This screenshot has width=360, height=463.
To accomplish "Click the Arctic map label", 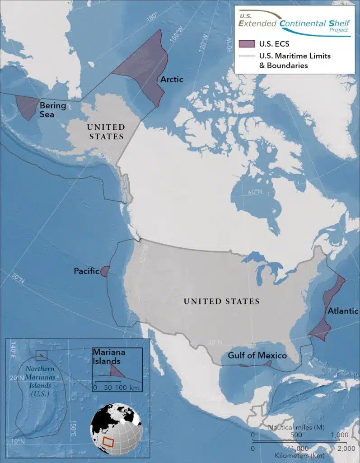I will (172, 80).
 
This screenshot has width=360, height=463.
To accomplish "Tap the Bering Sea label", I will (53, 110).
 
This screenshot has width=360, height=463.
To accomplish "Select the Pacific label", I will (86, 271).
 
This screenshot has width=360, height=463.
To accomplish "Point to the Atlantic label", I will (343, 311).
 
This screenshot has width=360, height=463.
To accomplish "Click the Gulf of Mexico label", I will (257, 355).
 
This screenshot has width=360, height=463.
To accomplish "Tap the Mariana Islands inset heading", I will (107, 356).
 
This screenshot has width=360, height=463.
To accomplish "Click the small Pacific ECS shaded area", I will (104, 271).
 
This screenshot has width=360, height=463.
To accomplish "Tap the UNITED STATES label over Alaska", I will (106, 132).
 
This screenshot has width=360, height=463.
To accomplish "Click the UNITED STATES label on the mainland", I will (221, 301).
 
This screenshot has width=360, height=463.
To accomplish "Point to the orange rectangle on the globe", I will (108, 441).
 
